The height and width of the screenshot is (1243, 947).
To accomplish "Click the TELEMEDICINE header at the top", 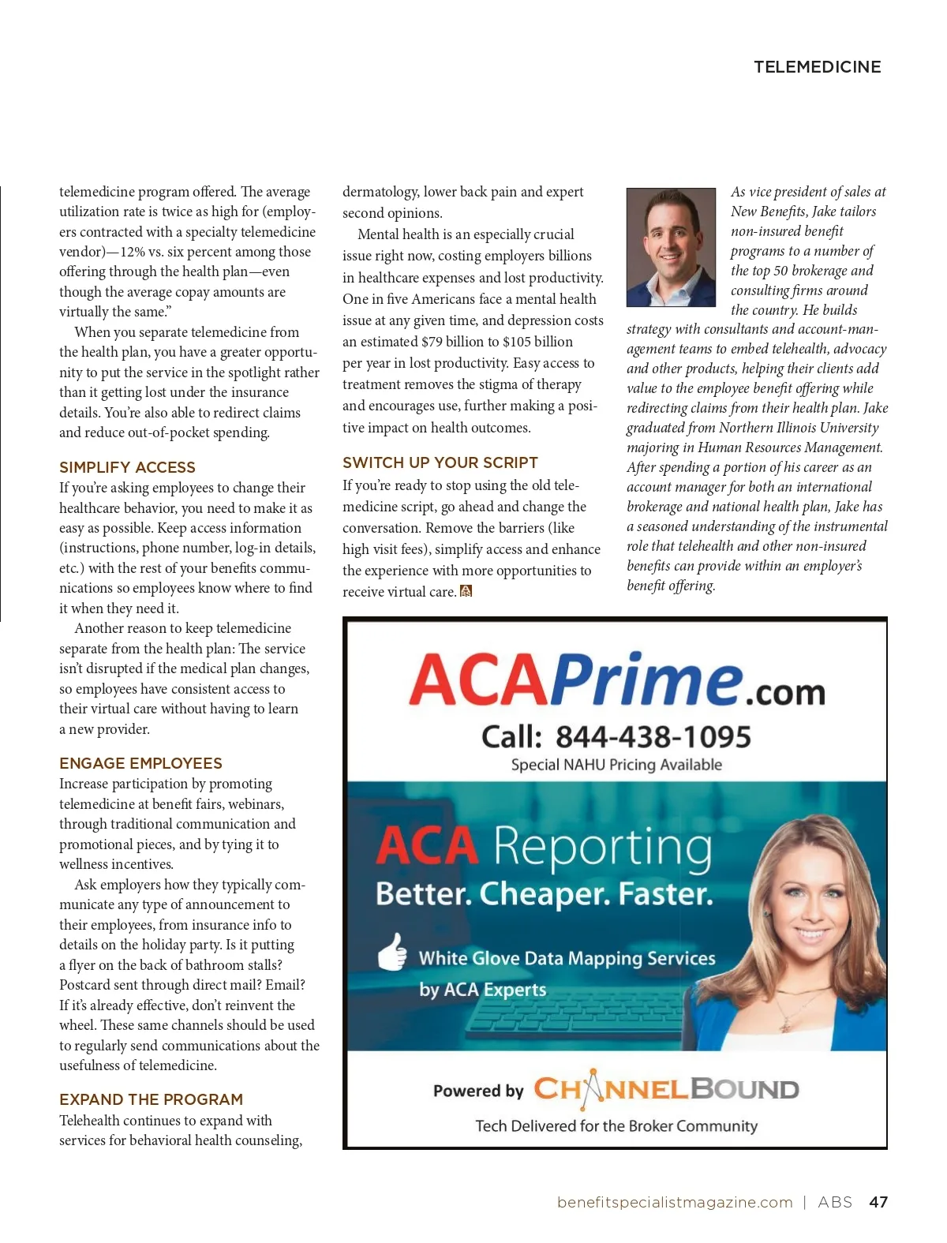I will (x=817, y=67).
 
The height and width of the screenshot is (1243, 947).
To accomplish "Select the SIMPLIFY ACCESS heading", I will (x=127, y=467).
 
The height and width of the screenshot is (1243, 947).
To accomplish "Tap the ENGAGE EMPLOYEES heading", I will (x=140, y=763).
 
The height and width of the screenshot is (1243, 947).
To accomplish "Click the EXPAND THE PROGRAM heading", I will (x=151, y=1099).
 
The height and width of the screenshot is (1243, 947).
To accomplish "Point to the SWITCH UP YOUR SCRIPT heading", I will (x=440, y=462).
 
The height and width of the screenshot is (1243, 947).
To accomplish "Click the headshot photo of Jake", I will (x=671, y=247).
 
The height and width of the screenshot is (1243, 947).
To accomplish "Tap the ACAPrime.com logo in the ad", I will (x=616, y=680).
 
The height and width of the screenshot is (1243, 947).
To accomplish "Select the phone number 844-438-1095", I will (x=653, y=737).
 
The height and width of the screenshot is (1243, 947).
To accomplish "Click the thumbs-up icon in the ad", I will (x=392, y=952).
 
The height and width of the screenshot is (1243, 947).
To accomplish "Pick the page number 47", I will (x=878, y=1202).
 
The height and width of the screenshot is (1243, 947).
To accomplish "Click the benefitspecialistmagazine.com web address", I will (x=675, y=1202).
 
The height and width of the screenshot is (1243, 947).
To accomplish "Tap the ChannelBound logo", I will (x=666, y=1089).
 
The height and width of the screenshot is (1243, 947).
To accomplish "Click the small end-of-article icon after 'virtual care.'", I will (x=466, y=591).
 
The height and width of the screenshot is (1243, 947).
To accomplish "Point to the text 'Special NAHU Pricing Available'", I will (x=616, y=765).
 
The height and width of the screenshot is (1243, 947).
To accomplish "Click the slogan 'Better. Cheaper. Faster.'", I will (x=544, y=894).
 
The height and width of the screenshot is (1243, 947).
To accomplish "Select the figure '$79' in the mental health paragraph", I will (x=432, y=342).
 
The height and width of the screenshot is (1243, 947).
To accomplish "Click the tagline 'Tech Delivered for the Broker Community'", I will (x=616, y=1126).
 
